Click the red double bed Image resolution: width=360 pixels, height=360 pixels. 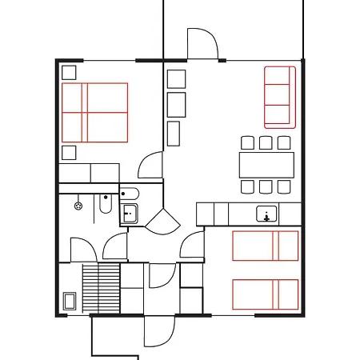pos(94,113)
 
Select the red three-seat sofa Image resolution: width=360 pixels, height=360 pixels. pos(279,97)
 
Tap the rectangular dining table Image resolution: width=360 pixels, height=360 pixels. pos(266,165)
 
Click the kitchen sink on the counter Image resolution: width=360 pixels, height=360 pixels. pos(266,214)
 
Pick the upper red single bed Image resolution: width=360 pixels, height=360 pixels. pos(265,246)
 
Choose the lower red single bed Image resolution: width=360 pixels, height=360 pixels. pos(265,294)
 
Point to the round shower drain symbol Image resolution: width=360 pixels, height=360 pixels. pos(78,206)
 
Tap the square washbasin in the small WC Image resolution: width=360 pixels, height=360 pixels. pos(129,214)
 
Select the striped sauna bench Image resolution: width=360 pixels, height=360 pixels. pos(101,289)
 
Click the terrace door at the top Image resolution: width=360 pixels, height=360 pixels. pos(202,43)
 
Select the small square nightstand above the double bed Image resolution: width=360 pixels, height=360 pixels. pos(69,72)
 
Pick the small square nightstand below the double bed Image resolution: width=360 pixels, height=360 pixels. pos(69,153)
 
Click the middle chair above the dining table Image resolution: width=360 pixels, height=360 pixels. pos(266,143)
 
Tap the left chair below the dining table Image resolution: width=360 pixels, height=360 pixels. pos(247,186)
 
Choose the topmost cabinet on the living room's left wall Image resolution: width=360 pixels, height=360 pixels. pos(176,79)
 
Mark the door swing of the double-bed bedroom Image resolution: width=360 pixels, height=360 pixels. pos(151,166)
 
